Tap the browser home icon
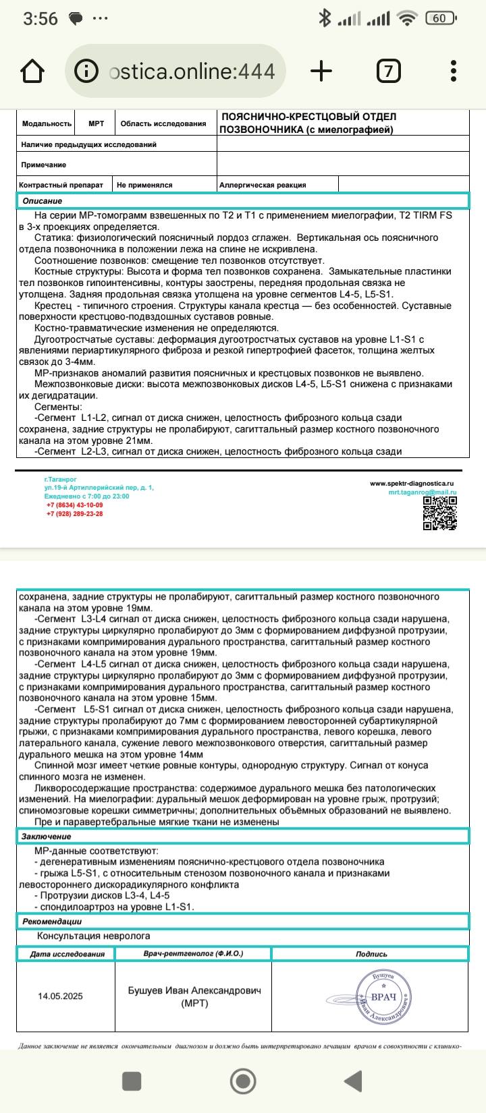[33, 71]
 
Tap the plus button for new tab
[321, 71]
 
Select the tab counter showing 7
[388, 71]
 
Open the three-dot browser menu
[454, 71]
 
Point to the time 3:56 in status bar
[40, 19]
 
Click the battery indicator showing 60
[439, 19]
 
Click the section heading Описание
[42, 201]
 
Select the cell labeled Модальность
[47, 123]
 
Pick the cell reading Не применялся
[144, 185]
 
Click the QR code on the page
[440, 514]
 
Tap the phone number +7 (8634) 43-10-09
[74, 505]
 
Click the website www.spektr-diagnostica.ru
[412, 484]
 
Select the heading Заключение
[46, 836]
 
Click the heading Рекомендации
[52, 921]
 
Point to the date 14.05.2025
[61, 996]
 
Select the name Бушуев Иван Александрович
[194, 991]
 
